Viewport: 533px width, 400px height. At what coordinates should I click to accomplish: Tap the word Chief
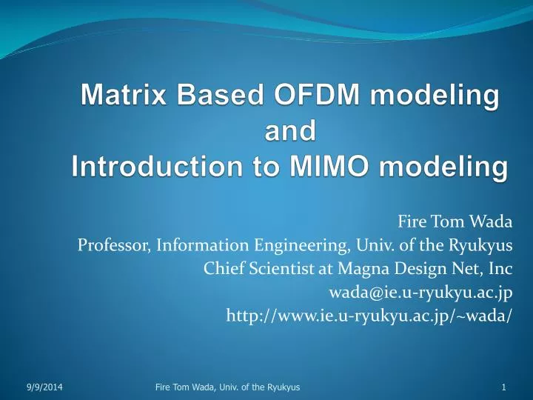pyautogui.click(x=221, y=268)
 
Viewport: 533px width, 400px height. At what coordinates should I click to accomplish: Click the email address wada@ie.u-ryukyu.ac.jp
pyautogui.click(x=420, y=292)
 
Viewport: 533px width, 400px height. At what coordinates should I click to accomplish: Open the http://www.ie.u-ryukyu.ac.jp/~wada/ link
pyautogui.click(x=369, y=316)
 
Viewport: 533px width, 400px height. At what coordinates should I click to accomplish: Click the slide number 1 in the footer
pyautogui.click(x=503, y=387)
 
